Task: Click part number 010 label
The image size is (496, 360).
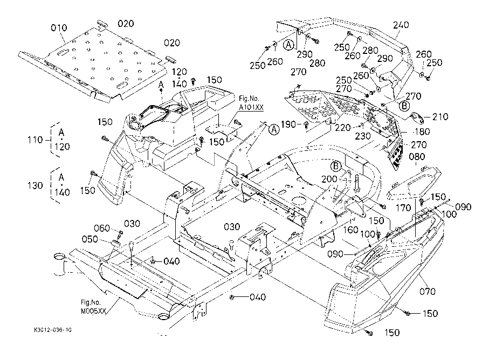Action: [59, 28]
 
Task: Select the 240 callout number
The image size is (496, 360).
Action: [401, 25]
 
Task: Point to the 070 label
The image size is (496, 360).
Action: [428, 291]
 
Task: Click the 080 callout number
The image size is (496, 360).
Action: [417, 156]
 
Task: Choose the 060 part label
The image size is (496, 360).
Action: [102, 228]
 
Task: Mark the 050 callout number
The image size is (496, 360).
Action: [90, 239]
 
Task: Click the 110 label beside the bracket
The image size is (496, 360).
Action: [35, 140]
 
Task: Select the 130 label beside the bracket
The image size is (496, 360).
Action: [35, 185]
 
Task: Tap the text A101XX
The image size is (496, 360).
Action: [251, 107]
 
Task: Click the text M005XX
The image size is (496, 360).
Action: [93, 311]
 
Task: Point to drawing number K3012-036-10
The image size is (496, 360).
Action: [53, 330]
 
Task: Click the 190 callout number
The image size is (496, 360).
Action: [288, 124]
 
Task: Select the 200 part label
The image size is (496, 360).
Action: [329, 179]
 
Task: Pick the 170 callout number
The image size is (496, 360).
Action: [403, 207]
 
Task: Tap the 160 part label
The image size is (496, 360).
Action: [350, 230]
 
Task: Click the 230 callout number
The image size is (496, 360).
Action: [362, 136]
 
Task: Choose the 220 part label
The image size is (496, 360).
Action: [343, 128]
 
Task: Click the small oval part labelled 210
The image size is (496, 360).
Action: [417, 118]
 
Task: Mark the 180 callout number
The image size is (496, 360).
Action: [422, 131]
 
